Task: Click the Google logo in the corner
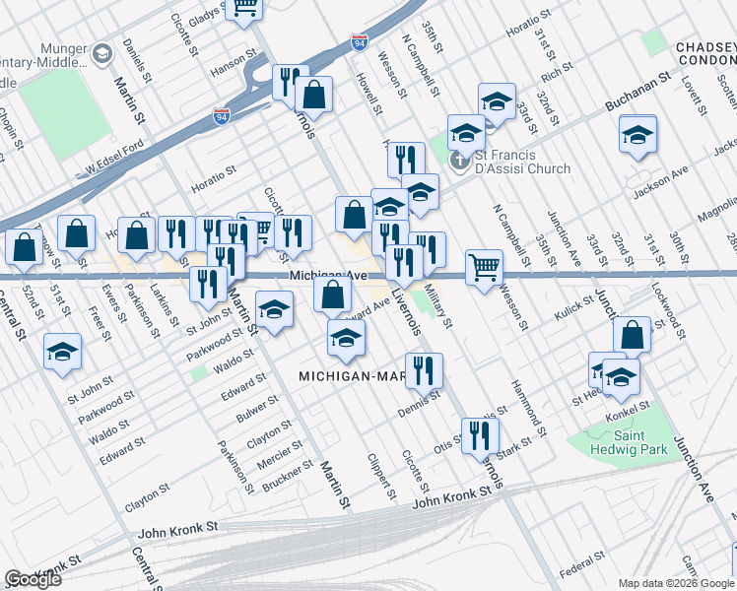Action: click(x=33, y=579)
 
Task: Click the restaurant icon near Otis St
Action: click(x=480, y=433)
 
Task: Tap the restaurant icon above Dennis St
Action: click(x=424, y=369)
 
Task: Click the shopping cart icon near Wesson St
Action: click(x=484, y=266)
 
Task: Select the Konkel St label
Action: click(x=632, y=405)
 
